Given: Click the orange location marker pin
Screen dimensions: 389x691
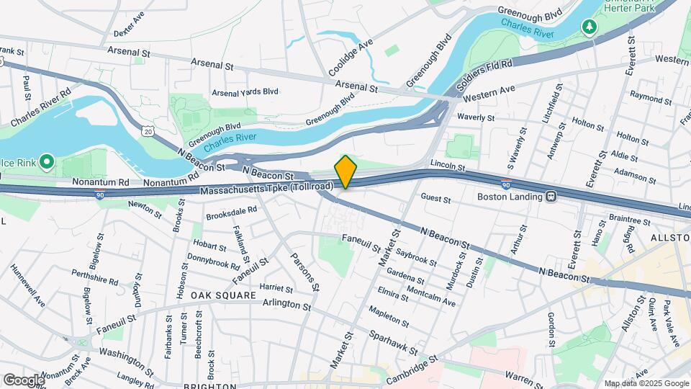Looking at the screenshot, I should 345,172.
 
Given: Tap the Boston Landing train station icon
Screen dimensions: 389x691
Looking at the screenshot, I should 551,196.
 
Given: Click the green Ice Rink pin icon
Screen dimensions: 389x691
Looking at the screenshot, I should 48,162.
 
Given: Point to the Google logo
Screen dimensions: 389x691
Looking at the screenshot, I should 23,380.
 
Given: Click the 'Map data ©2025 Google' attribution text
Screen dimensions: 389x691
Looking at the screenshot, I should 646,383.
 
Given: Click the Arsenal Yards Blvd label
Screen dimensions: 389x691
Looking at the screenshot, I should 245,92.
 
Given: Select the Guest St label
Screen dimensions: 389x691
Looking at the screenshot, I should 435,198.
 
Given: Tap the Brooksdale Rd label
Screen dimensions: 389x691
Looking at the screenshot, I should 231,210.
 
